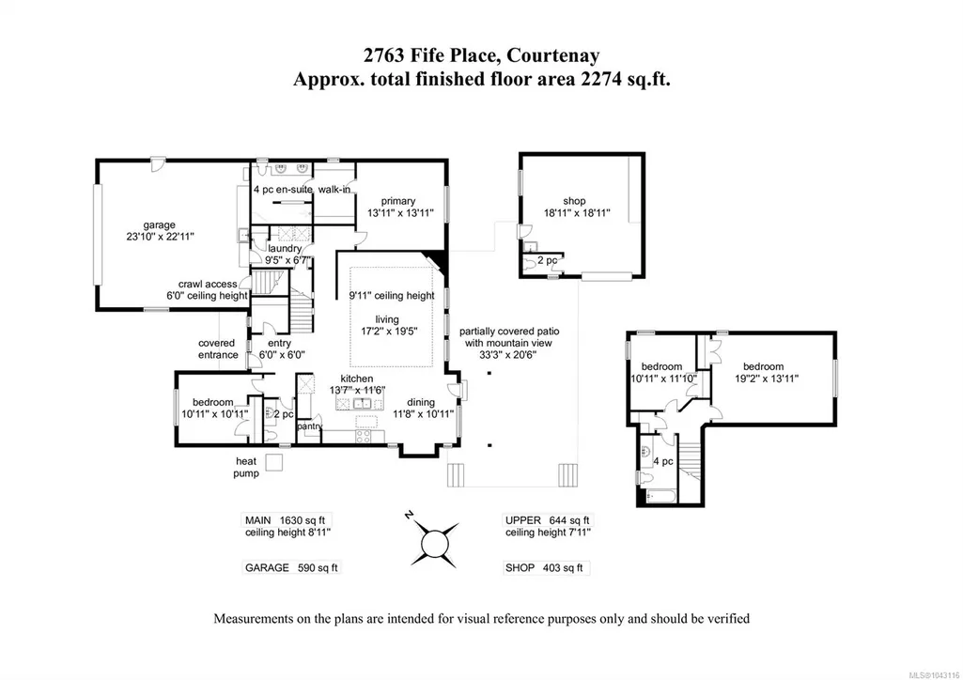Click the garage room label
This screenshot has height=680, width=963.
point(159,225)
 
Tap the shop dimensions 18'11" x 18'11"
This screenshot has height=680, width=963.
point(577,213)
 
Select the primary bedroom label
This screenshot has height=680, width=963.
point(398,201)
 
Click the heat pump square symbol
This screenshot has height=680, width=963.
point(273,461)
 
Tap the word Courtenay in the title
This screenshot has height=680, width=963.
point(553,55)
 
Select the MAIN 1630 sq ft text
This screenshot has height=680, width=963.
point(285,519)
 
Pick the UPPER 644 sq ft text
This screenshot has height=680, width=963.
point(547,519)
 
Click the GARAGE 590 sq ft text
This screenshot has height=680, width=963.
point(291,567)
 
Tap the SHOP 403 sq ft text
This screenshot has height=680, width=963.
point(544,567)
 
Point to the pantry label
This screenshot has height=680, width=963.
point(309,425)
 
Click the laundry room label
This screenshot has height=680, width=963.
point(285,249)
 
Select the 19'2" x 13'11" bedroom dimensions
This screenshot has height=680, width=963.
point(767,379)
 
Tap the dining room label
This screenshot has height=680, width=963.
point(421,402)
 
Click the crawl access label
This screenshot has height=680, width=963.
point(208,285)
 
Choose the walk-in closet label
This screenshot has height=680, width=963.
point(334,190)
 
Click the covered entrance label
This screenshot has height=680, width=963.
point(217,349)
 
